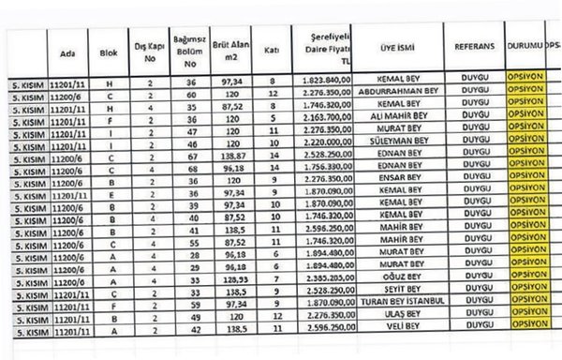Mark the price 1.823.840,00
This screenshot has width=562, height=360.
click(x=327, y=80)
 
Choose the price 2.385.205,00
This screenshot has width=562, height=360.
click(x=327, y=278)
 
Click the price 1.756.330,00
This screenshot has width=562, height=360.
click(x=327, y=165)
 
